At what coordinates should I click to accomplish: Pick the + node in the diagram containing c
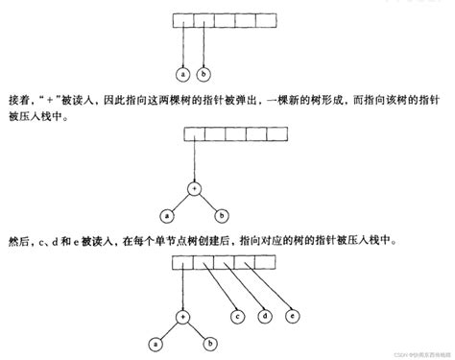[181, 314]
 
